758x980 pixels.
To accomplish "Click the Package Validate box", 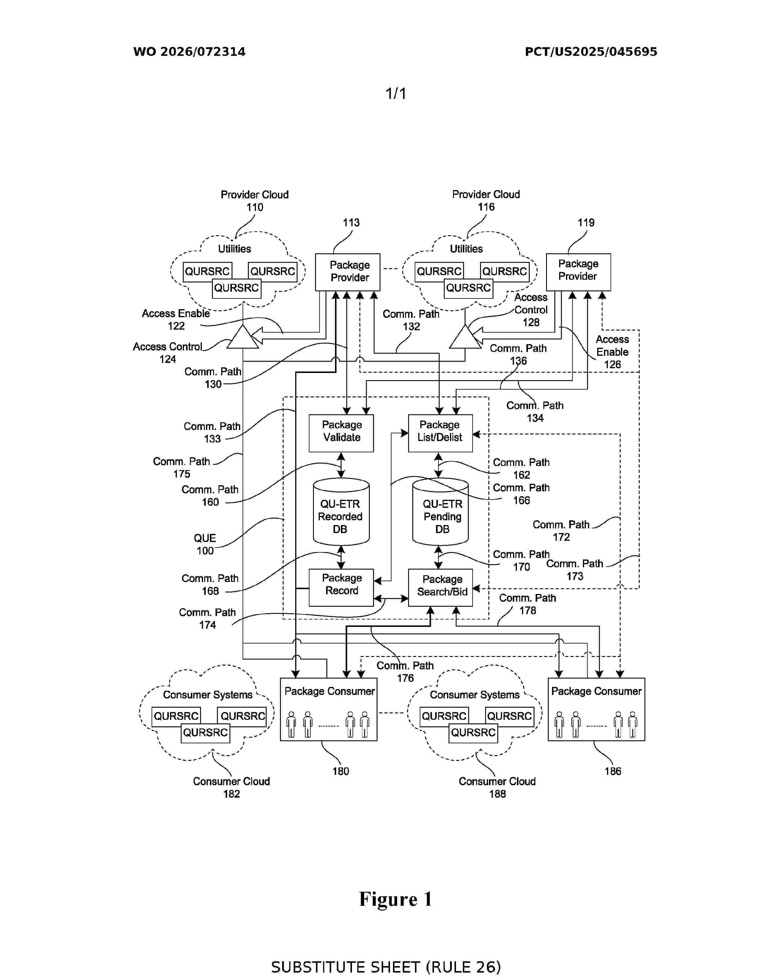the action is [341, 433].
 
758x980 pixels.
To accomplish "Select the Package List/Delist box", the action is [440, 433].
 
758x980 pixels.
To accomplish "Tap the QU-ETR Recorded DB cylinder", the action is [341, 512].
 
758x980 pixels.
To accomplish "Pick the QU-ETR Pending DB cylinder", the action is [441, 512].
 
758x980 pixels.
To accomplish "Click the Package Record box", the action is [341, 588].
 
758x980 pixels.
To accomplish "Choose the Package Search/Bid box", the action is [441, 588].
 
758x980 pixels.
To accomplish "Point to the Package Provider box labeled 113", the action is [347, 272].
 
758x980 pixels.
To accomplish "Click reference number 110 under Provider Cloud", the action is [255, 207].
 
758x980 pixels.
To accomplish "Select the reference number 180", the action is [340, 771].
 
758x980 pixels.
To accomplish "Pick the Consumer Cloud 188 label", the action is [497, 788].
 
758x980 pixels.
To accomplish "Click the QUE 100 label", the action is [205, 544].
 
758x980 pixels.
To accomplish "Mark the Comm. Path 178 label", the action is [528, 604].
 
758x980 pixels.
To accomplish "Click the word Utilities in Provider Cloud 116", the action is [466, 249].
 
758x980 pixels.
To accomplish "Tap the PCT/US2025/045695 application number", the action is [591, 52].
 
